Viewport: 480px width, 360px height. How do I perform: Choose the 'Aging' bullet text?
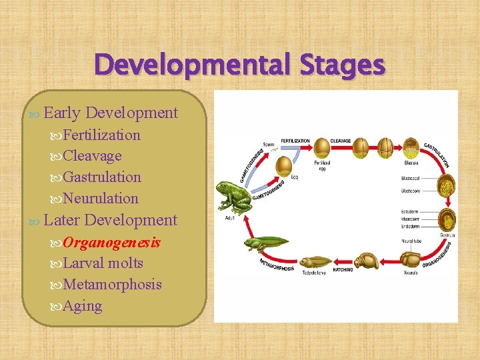[x=83, y=306]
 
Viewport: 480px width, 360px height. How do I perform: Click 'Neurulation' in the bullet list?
[x=101, y=198]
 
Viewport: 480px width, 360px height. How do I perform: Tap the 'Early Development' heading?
[x=111, y=113]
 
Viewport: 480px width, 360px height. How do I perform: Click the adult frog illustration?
[x=234, y=196]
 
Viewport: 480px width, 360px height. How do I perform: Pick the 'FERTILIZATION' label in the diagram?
[x=295, y=141]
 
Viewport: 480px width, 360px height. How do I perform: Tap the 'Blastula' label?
[x=411, y=161]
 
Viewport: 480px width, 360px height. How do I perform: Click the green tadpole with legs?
[x=265, y=244]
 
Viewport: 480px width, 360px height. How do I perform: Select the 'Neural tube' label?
[x=411, y=240]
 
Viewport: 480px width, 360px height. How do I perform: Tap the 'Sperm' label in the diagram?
[x=268, y=144]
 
